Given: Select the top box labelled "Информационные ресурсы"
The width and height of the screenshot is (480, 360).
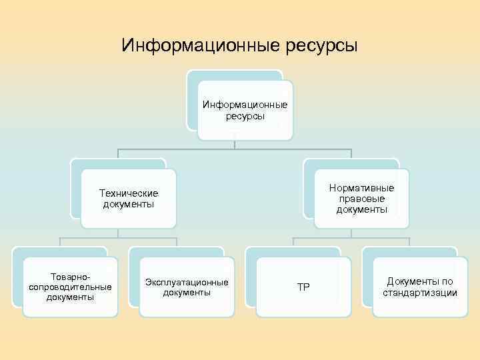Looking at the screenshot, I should (245, 110).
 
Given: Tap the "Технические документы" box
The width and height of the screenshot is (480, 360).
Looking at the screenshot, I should (129, 198).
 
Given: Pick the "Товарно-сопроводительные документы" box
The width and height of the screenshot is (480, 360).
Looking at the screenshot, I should (70, 286).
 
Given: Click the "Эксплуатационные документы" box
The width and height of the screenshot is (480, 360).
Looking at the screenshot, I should (187, 287).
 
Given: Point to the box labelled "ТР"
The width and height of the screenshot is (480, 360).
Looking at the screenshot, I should (303, 287).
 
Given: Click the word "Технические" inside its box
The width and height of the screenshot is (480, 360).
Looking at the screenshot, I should (129, 193).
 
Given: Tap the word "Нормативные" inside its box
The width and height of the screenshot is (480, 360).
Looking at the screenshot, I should (361, 188).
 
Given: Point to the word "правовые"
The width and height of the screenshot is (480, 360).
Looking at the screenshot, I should (361, 199).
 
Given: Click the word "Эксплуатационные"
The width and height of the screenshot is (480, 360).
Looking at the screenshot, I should (187, 282).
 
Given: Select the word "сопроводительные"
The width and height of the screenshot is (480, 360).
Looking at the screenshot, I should (70, 287).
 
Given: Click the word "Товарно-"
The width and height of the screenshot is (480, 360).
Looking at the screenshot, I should (70, 276).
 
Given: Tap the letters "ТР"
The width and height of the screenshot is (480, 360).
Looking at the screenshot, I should (303, 287).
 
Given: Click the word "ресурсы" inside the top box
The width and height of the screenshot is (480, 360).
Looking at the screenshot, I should (245, 116).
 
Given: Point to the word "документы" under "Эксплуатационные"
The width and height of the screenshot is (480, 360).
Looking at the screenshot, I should (187, 293).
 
